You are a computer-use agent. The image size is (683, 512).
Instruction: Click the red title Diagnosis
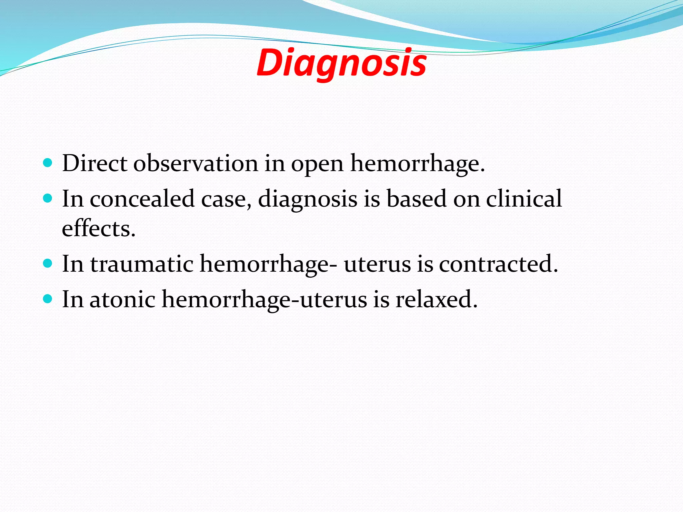(x=341, y=63)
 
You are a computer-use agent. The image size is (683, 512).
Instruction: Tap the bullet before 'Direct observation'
(x=48, y=163)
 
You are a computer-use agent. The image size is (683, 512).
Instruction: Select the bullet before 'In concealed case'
(x=48, y=199)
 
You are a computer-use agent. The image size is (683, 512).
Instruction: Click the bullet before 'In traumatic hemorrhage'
(x=48, y=264)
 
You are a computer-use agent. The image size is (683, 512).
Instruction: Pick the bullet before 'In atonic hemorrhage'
(x=48, y=299)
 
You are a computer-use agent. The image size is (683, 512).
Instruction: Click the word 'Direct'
(x=94, y=163)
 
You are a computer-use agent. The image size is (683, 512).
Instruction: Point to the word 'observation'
(x=196, y=163)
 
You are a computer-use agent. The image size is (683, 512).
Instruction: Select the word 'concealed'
(x=142, y=199)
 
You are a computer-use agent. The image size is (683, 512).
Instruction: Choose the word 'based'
(x=416, y=199)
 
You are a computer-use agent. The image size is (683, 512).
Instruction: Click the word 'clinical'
(x=524, y=199)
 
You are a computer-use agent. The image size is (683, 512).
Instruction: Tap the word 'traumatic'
(x=142, y=264)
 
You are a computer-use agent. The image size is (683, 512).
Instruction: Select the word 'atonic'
(x=122, y=299)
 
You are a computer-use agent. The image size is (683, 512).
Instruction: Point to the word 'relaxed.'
(x=437, y=299)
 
